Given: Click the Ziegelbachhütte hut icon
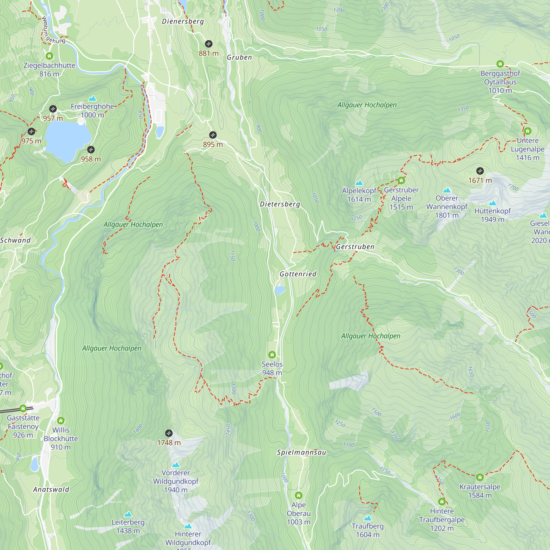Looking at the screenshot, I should pyautogui.click(x=49, y=56).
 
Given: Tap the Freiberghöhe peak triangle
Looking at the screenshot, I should pyautogui.click(x=92, y=98).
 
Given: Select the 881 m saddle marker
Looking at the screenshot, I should pyautogui.click(x=208, y=44).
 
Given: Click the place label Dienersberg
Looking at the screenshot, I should pyautogui.click(x=183, y=21).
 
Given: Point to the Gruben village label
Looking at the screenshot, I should pyautogui.click(x=239, y=57).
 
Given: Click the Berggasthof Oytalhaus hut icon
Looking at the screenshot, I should pyautogui.click(x=500, y=64).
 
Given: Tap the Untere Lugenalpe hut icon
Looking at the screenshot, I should pyautogui.click(x=527, y=131).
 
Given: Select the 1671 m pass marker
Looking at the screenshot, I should pyautogui.click(x=480, y=171).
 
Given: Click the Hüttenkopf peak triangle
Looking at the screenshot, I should pyautogui.click(x=493, y=203).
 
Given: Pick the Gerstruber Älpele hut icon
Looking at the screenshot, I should pyautogui.click(x=401, y=180).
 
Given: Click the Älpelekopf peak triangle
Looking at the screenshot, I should pyautogui.click(x=359, y=183).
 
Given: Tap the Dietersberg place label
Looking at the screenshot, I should pyautogui.click(x=280, y=204).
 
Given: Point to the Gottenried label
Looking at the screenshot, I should pyautogui.click(x=298, y=274).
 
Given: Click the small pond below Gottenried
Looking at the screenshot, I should pyautogui.click(x=280, y=290).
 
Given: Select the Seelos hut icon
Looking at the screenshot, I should pyautogui.click(x=272, y=354).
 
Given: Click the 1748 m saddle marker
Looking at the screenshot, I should pyautogui.click(x=169, y=433).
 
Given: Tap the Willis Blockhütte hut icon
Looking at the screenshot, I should pyautogui.click(x=61, y=420).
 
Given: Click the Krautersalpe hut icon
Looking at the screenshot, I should pyautogui.click(x=480, y=477).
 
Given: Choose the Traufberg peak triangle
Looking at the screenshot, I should pyautogui.click(x=367, y=518).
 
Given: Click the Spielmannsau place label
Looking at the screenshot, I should pyautogui.click(x=301, y=452).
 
